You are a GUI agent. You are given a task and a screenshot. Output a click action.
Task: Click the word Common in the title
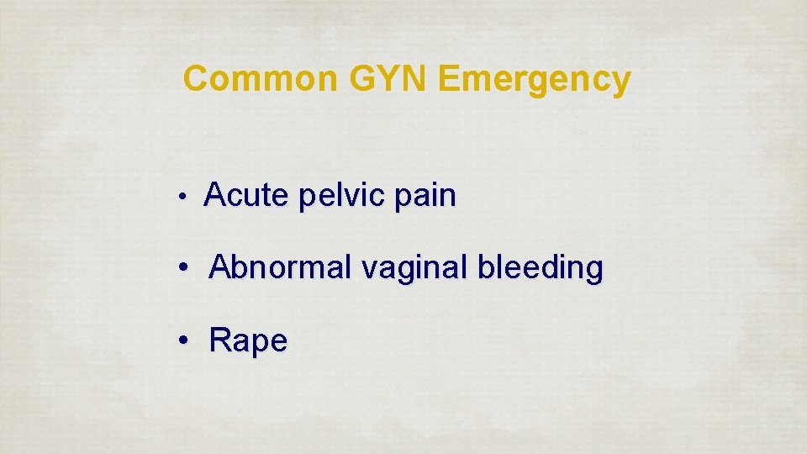click(x=258, y=79)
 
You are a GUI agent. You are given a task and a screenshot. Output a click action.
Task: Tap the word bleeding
click(x=541, y=269)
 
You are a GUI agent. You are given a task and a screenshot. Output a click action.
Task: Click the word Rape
click(x=248, y=341)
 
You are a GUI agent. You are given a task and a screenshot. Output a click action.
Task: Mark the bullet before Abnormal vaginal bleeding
click(x=182, y=270)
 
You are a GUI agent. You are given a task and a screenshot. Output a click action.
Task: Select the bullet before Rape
click(x=182, y=342)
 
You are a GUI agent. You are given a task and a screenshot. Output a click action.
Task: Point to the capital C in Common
click(x=196, y=79)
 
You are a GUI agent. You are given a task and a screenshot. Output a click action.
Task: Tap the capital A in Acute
click(x=215, y=196)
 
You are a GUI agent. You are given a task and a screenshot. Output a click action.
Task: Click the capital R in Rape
click(x=219, y=340)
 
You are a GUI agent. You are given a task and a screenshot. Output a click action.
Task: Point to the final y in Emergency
click(x=620, y=82)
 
